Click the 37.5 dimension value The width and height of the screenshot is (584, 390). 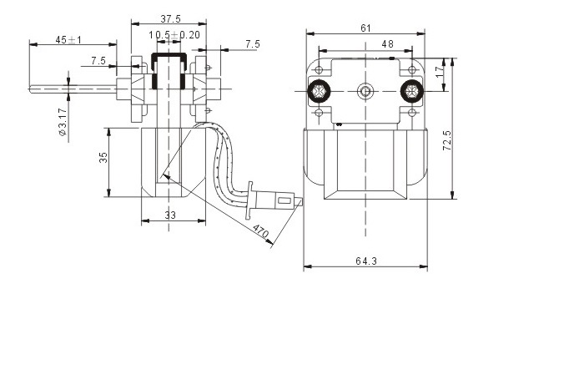point(170,18)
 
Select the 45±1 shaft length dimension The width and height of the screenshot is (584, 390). point(68,39)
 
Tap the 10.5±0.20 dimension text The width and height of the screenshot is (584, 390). point(174,35)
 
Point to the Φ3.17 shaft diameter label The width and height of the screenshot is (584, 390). point(63,122)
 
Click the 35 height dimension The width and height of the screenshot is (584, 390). point(103,157)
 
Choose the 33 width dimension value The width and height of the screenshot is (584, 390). point(170,215)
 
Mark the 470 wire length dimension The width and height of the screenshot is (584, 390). point(260,231)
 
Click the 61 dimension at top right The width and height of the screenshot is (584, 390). point(366,28)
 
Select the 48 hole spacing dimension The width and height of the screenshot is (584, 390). point(387,44)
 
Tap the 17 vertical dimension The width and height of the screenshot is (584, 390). point(440,72)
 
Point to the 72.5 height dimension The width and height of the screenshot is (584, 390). point(447,140)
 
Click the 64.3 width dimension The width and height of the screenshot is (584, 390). point(366,261)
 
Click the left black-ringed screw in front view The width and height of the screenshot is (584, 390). point(320,91)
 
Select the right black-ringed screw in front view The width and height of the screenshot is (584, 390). point(411,91)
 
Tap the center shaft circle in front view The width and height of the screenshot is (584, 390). point(365,91)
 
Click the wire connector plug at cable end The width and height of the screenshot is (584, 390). point(274,201)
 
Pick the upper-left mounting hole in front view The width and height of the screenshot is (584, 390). point(320,69)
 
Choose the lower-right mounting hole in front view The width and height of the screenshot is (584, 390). point(411,112)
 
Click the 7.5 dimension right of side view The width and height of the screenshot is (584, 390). point(253,44)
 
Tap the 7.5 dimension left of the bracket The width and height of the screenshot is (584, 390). point(98,60)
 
